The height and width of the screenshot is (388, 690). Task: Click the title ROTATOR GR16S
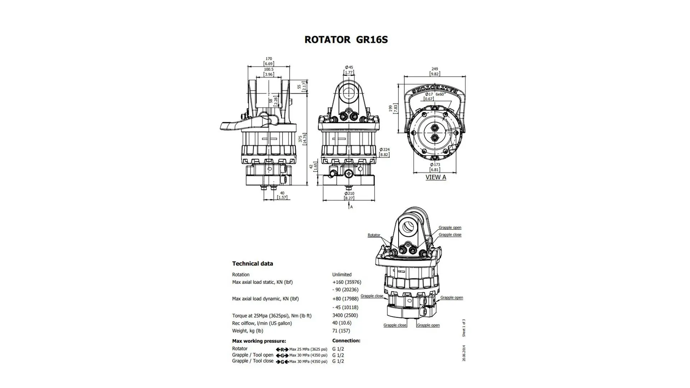click(x=346, y=40)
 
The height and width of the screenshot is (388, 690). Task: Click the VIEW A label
click(x=436, y=177)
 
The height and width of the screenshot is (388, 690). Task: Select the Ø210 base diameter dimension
click(x=349, y=194)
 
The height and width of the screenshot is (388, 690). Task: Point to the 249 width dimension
click(x=435, y=69)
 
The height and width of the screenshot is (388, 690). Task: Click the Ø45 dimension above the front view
click(x=349, y=68)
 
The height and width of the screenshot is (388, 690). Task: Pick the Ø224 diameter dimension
click(x=385, y=150)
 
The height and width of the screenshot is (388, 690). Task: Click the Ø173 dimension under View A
click(x=435, y=165)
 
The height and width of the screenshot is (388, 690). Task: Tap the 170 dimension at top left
click(x=269, y=59)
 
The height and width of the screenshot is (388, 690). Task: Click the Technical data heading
click(x=253, y=264)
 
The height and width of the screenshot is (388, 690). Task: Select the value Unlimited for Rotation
click(x=342, y=274)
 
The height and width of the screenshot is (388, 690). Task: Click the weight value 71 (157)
click(x=341, y=331)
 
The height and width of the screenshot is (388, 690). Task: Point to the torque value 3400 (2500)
click(x=345, y=315)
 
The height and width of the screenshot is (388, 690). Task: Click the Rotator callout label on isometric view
click(x=374, y=235)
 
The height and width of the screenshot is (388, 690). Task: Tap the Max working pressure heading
click(x=259, y=341)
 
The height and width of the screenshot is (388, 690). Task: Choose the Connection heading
click(x=346, y=341)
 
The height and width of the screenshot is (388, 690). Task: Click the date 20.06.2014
click(x=464, y=354)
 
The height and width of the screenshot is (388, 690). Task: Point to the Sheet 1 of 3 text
click(x=464, y=328)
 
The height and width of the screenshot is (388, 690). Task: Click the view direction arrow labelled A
click(x=349, y=206)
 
